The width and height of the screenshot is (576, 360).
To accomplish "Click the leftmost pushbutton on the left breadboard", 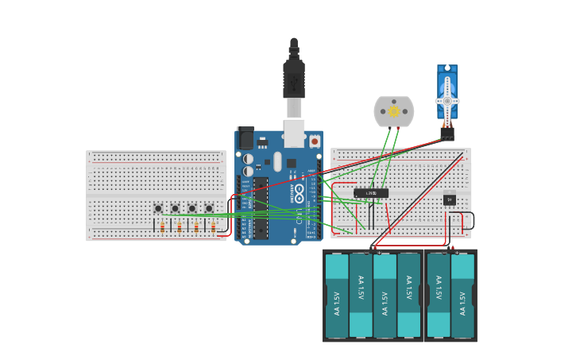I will tap(158, 208).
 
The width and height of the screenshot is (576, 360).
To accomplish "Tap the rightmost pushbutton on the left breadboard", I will tap(209, 208).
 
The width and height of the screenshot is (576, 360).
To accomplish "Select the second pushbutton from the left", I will tap(175, 208).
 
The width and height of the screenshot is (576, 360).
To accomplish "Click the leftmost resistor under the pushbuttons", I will tap(162, 227).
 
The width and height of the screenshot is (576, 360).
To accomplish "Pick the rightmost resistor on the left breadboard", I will tap(213, 227).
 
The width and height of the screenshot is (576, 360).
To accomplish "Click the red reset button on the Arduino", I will tap(315, 141).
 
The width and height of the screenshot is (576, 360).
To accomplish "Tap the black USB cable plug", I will tap(294, 79).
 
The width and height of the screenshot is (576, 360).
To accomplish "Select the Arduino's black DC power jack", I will tap(245, 139).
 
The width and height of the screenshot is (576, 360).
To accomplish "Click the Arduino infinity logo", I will tap(299, 193).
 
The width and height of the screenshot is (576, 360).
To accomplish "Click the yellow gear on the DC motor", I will tap(394, 111).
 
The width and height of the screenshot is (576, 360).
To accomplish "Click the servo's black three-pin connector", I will tap(447, 134).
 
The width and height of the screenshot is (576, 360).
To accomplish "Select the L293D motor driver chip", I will tap(371, 193).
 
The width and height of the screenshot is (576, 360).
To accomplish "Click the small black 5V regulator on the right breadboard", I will tap(450, 199).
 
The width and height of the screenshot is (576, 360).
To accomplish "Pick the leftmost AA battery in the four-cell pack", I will tap(337, 296).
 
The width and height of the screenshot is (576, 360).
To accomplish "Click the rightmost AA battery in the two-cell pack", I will tap(462, 296).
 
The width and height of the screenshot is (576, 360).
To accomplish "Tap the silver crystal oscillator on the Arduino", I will tap(277, 161).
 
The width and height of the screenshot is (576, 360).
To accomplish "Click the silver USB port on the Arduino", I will tap(294, 133).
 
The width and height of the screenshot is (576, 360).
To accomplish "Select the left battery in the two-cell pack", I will tap(439, 296).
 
